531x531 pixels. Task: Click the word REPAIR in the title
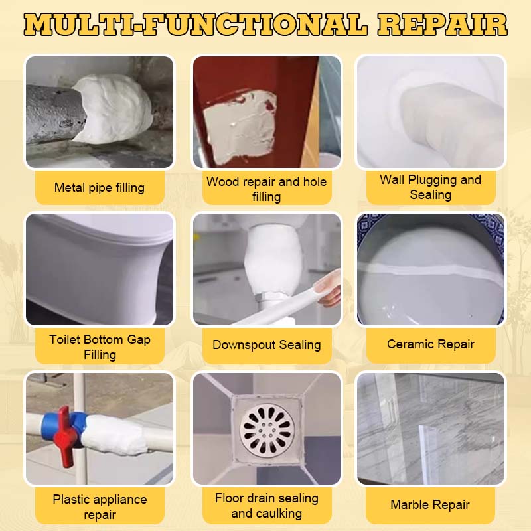pyautogui.click(x=442, y=25)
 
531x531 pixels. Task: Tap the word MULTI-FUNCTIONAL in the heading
pyautogui.click(x=195, y=25)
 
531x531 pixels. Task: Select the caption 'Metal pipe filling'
pyautogui.click(x=99, y=188)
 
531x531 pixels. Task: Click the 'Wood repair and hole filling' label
pyautogui.click(x=267, y=189)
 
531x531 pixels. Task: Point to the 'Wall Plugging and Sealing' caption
pyautogui.click(x=430, y=187)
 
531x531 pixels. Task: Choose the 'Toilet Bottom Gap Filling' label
pyautogui.click(x=100, y=346)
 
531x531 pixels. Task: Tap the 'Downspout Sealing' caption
pyautogui.click(x=267, y=344)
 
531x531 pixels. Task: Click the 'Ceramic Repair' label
pyautogui.click(x=430, y=344)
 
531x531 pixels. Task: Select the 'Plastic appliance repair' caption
pyautogui.click(x=100, y=507)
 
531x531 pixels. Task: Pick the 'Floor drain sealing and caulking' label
pyautogui.click(x=267, y=506)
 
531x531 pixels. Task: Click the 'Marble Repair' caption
pyautogui.click(x=430, y=504)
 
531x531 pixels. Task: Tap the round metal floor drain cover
pyautogui.click(x=267, y=430)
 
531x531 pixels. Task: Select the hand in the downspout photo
pyautogui.click(x=327, y=288)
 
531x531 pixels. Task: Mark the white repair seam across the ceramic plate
pyautogui.click(x=430, y=270)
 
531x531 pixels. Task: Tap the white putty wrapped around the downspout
pyautogui.click(x=273, y=262)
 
